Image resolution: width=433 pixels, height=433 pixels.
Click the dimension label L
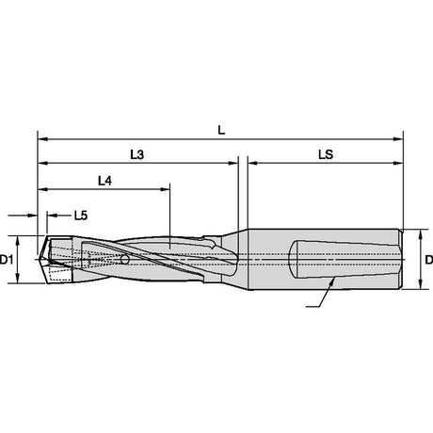click(x=221, y=130)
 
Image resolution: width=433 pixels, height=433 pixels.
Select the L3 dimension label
click(x=137, y=154)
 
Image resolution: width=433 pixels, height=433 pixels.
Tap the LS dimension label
click(x=326, y=154)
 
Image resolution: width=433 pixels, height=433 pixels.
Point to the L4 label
click(x=104, y=181)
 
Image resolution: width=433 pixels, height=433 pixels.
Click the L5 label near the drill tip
click(x=81, y=216)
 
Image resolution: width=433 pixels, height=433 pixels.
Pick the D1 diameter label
click(x=7, y=260)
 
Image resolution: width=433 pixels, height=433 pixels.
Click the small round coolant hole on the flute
click(x=124, y=259)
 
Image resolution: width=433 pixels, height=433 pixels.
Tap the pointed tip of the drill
click(x=39, y=259)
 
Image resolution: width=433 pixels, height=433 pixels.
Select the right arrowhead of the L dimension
click(x=398, y=139)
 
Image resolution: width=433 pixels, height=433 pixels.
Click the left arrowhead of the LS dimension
click(x=253, y=163)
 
